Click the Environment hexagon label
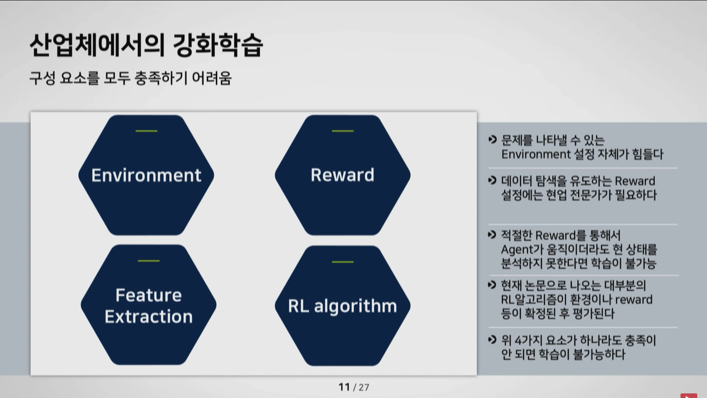point(146,175)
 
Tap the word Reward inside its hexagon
point(343,175)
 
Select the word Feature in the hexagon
point(149,295)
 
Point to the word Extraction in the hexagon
point(149,317)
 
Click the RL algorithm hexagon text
point(343,306)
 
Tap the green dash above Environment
point(146,131)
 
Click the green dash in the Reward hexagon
point(343,131)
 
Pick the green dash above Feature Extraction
point(149,261)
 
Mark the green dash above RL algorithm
point(343,262)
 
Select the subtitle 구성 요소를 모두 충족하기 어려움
point(131,78)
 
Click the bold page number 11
point(344,387)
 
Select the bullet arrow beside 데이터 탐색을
point(493,180)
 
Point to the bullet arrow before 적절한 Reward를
point(492,235)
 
